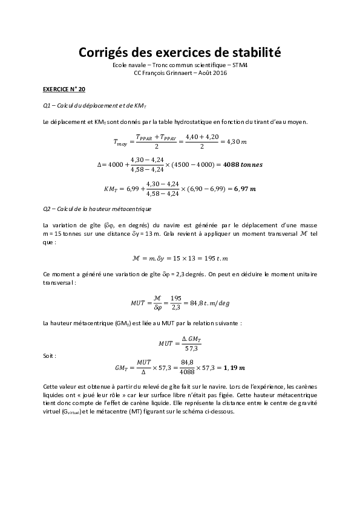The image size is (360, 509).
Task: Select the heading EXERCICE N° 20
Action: (64, 89)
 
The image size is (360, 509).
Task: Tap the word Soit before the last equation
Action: (50, 356)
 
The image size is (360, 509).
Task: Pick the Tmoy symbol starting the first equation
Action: (121, 142)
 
